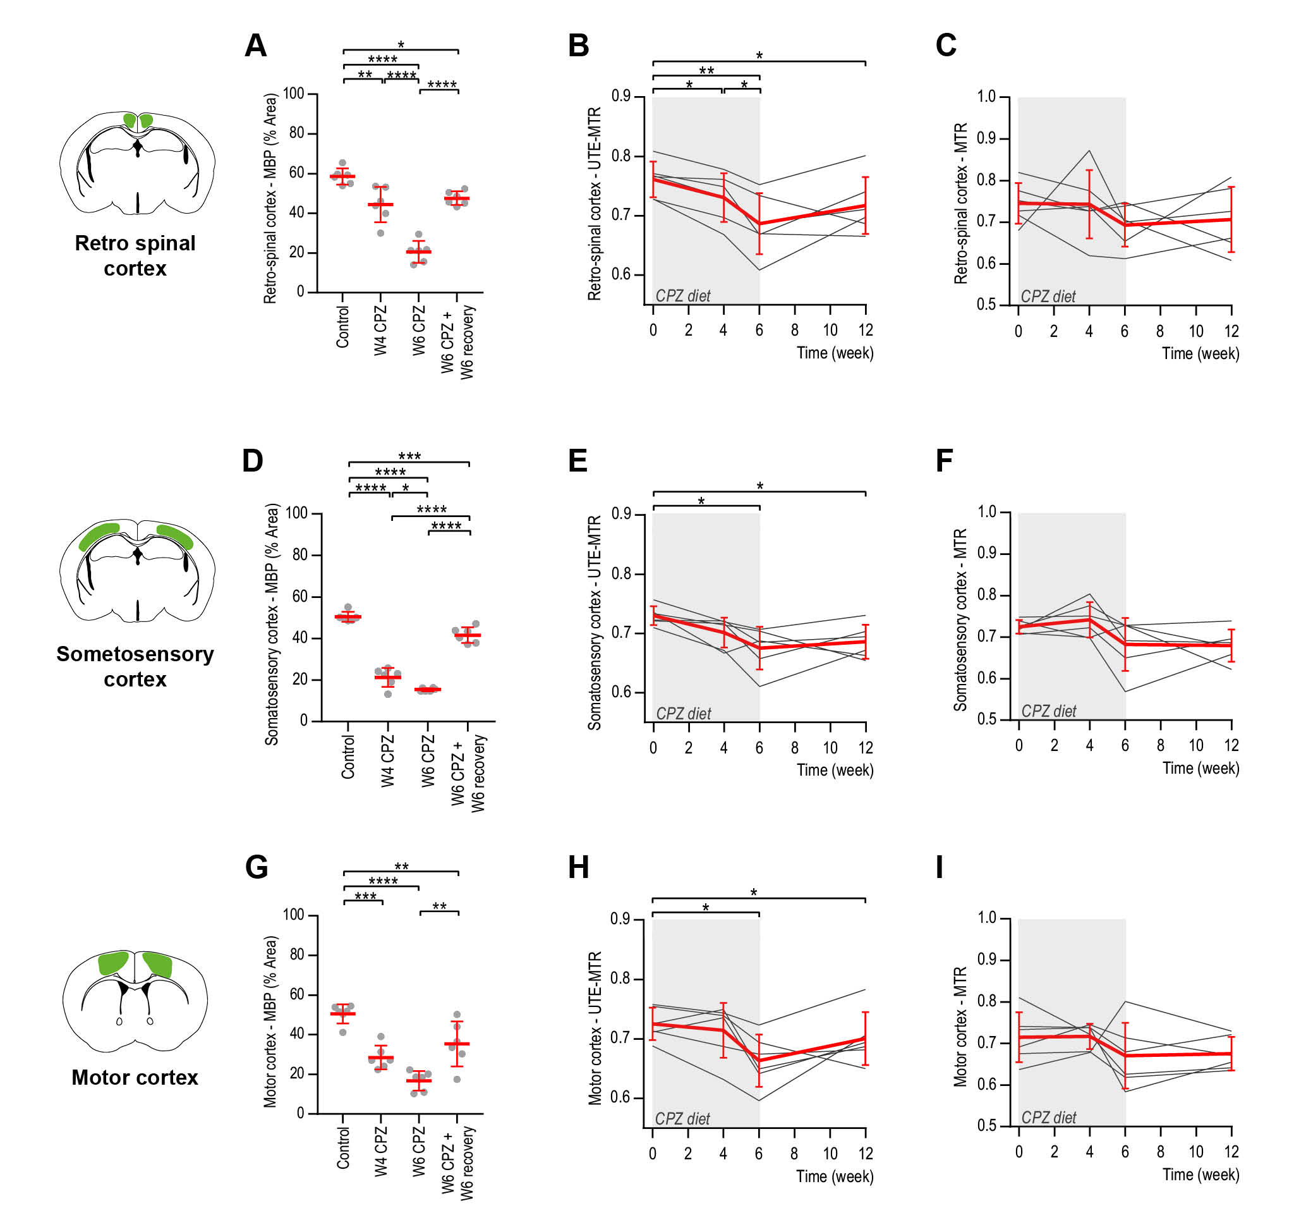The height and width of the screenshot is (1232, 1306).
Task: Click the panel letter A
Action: pos(255,46)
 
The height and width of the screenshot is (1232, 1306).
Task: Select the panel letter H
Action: pos(578,867)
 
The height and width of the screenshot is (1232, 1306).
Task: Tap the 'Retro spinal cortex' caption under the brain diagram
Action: pos(135,255)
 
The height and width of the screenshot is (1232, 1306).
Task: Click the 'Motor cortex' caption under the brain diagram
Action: pos(135,1077)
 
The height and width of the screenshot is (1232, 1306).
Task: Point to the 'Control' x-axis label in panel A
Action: pos(342,327)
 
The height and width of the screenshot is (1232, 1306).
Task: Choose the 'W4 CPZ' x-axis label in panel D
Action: pos(387,760)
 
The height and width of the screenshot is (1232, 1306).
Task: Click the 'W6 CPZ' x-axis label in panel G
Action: pos(418,1151)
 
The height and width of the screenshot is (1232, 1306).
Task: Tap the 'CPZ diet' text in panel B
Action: pos(682,296)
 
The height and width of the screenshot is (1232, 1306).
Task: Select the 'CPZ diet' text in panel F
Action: pos(1048,711)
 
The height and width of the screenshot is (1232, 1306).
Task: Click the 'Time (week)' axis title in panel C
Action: pos(1200,353)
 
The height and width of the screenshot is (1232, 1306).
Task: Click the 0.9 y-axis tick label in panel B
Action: pos(621,96)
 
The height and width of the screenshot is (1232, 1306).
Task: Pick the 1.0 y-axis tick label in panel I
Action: pos(987,917)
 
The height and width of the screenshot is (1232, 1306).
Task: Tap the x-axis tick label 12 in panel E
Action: pos(865,748)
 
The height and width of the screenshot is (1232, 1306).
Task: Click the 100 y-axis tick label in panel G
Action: pos(294,915)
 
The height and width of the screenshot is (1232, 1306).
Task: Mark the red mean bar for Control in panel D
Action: pos(348,617)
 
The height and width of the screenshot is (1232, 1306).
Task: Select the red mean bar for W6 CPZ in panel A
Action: pos(418,252)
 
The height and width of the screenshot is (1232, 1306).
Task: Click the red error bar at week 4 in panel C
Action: pos(1089,204)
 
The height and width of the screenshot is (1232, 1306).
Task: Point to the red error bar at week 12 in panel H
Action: pos(865,1038)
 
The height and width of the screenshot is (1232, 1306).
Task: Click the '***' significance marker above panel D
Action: pos(409,456)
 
